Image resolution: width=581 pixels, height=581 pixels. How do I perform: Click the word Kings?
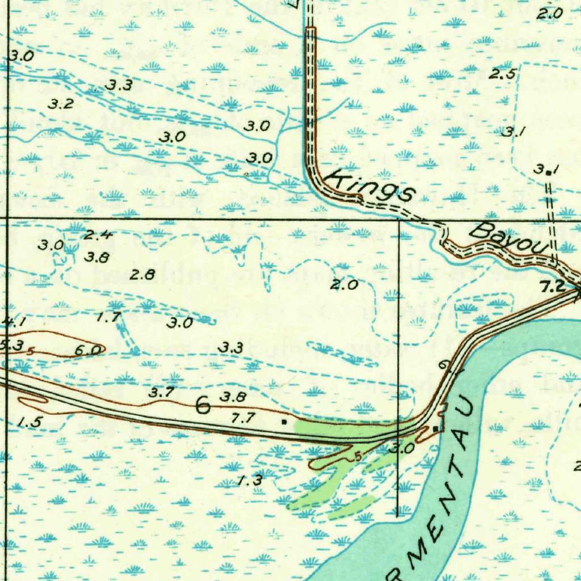371,186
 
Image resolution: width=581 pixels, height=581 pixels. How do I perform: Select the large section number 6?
203,405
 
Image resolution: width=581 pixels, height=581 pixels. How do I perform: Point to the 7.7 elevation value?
242,419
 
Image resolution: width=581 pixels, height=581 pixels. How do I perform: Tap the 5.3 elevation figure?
11,345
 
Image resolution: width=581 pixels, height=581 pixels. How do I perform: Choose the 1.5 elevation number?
30,422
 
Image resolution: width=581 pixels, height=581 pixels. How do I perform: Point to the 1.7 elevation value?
108,317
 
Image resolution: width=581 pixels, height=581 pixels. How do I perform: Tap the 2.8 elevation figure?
142,275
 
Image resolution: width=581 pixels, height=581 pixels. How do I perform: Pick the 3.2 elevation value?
61,104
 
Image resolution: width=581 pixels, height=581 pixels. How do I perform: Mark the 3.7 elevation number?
162,391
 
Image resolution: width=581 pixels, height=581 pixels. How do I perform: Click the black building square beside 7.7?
284,422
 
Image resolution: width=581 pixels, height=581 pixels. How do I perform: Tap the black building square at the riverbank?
435,428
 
